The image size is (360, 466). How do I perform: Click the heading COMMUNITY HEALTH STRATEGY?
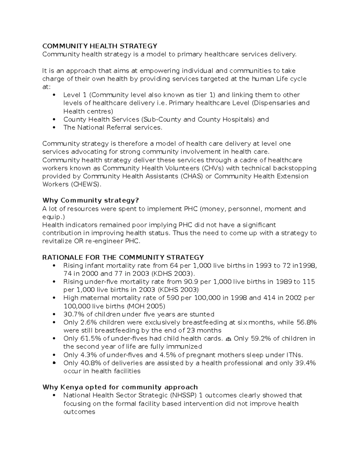click(x=100, y=46)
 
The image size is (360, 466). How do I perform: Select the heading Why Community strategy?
click(x=91, y=200)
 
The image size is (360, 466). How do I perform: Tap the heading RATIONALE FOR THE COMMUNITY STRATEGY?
click(x=123, y=257)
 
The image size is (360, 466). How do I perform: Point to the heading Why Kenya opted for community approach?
click(x=120, y=387)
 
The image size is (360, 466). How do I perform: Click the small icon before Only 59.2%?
click(x=228, y=339)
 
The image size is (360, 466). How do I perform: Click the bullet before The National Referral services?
click(x=54, y=128)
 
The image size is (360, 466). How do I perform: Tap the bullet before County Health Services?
click(x=54, y=119)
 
